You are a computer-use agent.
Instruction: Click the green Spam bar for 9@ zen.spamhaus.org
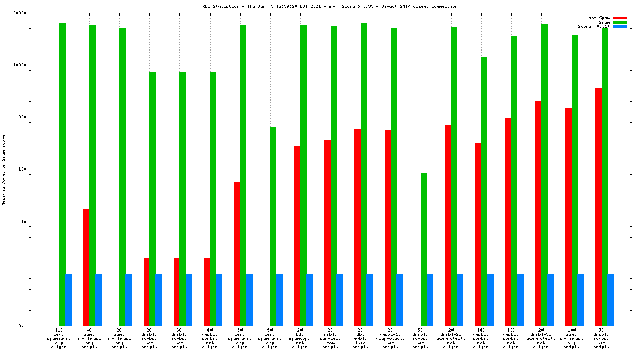(273, 226)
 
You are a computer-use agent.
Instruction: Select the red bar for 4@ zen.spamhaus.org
(86, 267)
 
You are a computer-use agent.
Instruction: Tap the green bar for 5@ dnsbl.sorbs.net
(424, 249)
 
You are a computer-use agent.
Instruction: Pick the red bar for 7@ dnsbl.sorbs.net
(598, 206)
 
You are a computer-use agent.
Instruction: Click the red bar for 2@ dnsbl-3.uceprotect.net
(538, 213)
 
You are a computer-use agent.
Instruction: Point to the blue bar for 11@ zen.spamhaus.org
(68, 299)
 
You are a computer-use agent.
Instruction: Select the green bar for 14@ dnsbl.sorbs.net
(484, 191)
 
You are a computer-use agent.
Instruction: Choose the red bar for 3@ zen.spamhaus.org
(237, 253)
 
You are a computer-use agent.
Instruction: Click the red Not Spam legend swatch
(619, 18)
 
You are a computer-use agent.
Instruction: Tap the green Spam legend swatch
(619, 22)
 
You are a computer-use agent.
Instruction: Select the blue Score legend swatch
(619, 26)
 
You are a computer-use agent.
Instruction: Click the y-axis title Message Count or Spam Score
(4, 169)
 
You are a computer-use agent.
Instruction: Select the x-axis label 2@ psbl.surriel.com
(330, 338)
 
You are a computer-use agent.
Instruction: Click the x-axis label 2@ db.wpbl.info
(361, 338)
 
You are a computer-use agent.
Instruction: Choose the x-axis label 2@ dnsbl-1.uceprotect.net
(391, 338)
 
